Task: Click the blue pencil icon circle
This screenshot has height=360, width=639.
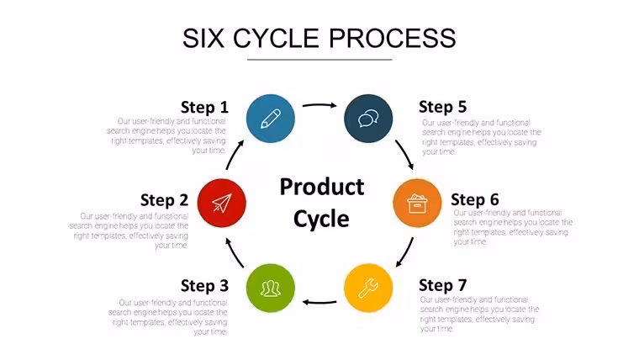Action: click(271, 119)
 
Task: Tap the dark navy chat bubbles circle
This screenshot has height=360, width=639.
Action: click(368, 119)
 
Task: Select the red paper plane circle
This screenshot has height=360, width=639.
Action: click(222, 203)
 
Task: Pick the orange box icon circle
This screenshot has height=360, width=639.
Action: click(417, 203)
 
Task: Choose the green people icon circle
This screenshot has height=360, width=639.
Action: click(271, 289)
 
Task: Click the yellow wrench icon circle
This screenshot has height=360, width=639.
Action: click(368, 289)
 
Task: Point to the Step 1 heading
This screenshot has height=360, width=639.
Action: click(204, 107)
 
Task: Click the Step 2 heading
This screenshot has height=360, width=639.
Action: click(164, 200)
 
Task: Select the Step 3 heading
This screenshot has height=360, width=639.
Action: click(204, 286)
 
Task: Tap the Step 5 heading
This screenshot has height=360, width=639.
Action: click(442, 107)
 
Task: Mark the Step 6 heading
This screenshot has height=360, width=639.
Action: click(475, 200)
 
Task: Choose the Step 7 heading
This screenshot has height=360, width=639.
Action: click(442, 285)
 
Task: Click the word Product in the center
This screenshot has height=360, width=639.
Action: click(322, 188)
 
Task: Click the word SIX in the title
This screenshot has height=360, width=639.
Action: click(203, 39)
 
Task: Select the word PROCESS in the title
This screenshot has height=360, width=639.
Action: click(392, 39)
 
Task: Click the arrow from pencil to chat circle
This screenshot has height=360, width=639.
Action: click(319, 105)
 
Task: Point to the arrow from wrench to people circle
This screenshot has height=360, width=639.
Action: click(319, 303)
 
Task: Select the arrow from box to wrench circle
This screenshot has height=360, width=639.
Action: click(405, 253)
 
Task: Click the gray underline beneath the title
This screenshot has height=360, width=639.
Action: click(319, 60)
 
